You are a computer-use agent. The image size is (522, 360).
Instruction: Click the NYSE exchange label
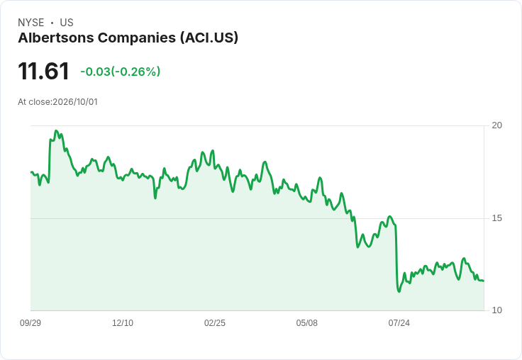(x=31, y=23)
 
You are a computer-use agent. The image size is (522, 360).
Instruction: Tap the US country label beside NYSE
(x=67, y=23)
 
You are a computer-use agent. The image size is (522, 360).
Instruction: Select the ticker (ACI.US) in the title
(x=209, y=38)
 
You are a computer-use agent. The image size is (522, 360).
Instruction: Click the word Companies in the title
(x=137, y=38)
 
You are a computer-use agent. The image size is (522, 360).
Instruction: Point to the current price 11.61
(x=43, y=71)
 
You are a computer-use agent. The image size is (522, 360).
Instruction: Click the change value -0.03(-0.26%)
(x=120, y=72)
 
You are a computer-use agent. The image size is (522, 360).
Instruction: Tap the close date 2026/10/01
(x=75, y=102)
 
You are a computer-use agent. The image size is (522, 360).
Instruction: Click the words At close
(x=34, y=102)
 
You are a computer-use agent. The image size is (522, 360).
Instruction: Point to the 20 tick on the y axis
(x=496, y=125)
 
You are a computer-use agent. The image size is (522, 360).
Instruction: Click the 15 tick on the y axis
(x=496, y=218)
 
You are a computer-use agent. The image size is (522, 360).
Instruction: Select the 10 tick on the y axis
(x=496, y=310)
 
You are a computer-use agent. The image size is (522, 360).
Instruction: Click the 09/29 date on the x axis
(x=30, y=322)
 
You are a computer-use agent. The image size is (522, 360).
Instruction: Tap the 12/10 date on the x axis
(x=123, y=322)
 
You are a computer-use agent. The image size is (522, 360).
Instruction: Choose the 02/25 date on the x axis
(x=215, y=322)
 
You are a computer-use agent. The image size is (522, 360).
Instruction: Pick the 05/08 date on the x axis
(x=307, y=322)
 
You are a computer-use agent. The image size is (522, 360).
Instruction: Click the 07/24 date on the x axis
(x=399, y=322)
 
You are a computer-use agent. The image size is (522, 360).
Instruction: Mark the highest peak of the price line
(x=56, y=131)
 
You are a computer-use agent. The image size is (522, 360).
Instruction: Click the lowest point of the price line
(x=399, y=291)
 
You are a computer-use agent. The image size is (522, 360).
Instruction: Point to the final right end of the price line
(x=484, y=281)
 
